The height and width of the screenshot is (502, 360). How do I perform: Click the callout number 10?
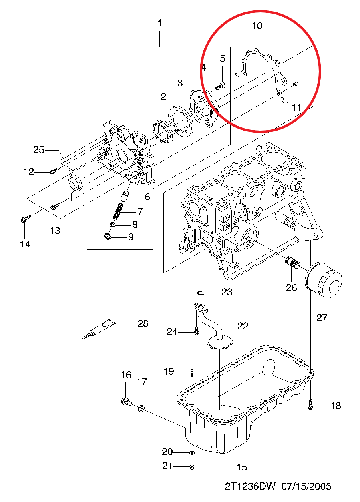(257, 26)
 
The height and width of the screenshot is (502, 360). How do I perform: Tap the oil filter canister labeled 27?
(324, 280)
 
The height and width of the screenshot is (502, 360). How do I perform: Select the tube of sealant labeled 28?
(98, 329)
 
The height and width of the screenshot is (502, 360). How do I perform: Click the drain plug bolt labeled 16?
(126, 402)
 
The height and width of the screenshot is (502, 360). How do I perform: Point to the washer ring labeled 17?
(141, 408)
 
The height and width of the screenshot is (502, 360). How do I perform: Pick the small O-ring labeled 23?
(201, 293)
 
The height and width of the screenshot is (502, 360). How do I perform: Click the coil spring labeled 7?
(118, 211)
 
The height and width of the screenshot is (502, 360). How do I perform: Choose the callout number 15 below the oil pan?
(242, 467)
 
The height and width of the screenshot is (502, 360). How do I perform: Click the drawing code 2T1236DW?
(250, 486)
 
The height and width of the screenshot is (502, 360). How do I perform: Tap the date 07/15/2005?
(306, 486)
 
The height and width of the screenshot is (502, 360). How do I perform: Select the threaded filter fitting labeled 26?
(292, 262)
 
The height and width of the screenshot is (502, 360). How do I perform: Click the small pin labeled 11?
(296, 84)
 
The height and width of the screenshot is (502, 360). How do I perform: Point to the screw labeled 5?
(221, 86)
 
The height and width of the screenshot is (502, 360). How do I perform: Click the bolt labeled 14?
(26, 219)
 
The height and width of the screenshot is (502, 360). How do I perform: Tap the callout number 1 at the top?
(160, 23)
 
